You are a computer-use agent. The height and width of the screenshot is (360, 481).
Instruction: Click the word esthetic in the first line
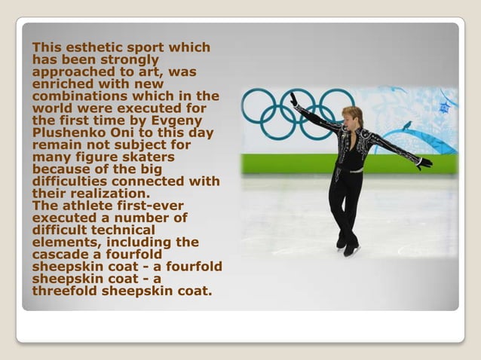tap(91, 47)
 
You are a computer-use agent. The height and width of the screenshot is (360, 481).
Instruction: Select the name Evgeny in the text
tap(185, 119)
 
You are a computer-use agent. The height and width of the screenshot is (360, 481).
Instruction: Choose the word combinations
tap(80, 96)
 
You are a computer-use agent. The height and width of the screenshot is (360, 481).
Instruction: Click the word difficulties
tap(74, 181)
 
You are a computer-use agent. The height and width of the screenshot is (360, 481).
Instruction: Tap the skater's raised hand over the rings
tap(293, 99)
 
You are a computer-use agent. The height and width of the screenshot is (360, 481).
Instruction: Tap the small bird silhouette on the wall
tap(407, 125)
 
